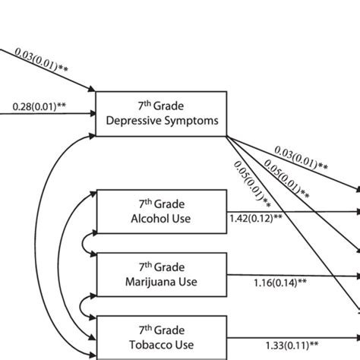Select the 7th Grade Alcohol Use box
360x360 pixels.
pyautogui.click(x=160, y=212)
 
